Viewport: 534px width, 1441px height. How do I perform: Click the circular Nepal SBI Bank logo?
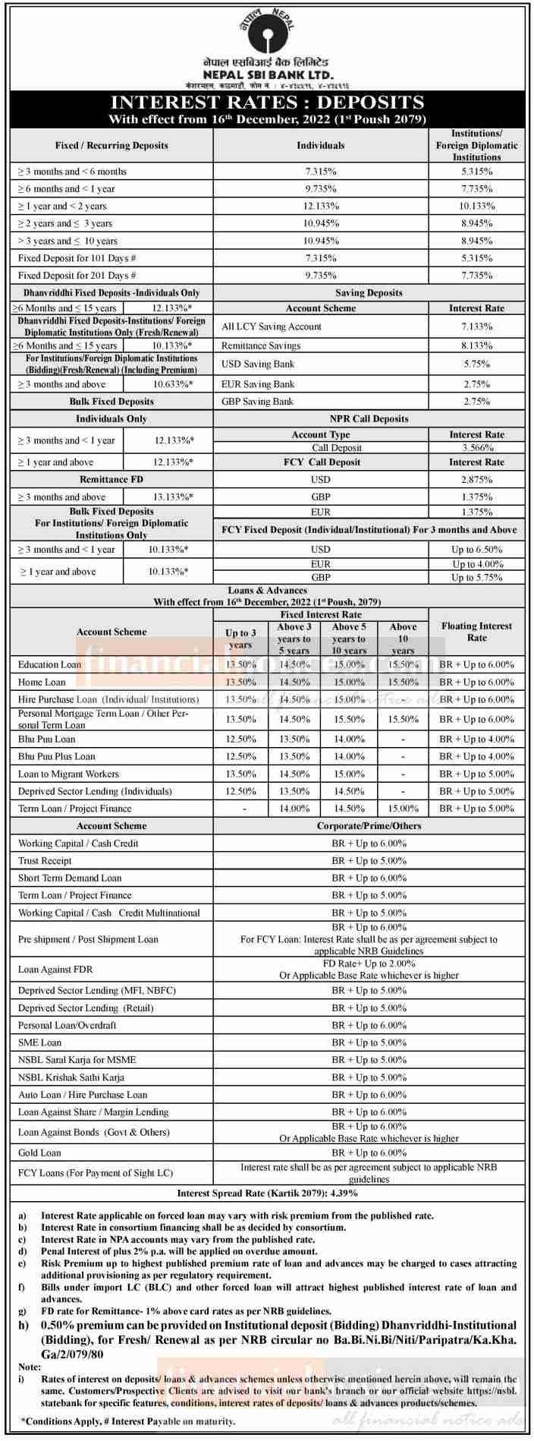pyautogui.click(x=267, y=30)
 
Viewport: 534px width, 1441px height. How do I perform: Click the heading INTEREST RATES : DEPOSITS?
pyautogui.click(x=267, y=102)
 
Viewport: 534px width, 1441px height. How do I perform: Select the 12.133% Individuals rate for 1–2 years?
pyautogui.click(x=321, y=206)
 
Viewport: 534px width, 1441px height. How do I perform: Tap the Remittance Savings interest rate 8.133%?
pyautogui.click(x=476, y=345)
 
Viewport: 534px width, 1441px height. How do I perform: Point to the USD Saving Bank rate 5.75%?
pyautogui.click(x=476, y=364)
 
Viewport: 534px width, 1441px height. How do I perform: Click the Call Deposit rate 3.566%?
pyautogui.click(x=476, y=448)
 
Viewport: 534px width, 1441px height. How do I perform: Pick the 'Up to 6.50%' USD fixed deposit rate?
pyautogui.click(x=476, y=549)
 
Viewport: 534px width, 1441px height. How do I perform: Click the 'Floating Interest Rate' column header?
pyautogui.click(x=476, y=632)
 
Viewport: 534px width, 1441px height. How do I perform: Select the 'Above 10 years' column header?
pyautogui.click(x=403, y=639)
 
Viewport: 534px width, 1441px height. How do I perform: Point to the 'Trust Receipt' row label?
pyautogui.click(x=45, y=861)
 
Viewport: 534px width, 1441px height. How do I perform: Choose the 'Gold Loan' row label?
pyautogui.click(x=39, y=1152)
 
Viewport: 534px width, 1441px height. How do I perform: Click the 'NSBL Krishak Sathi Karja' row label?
pyautogui.click(x=71, y=1077)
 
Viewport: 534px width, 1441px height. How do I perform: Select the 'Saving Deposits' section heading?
pyautogui.click(x=369, y=292)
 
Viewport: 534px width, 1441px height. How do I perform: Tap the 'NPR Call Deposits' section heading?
pyautogui.click(x=369, y=419)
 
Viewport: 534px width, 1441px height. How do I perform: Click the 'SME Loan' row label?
pyautogui.click(x=39, y=1042)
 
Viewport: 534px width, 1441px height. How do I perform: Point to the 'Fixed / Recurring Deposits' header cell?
pyautogui.click(x=112, y=145)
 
